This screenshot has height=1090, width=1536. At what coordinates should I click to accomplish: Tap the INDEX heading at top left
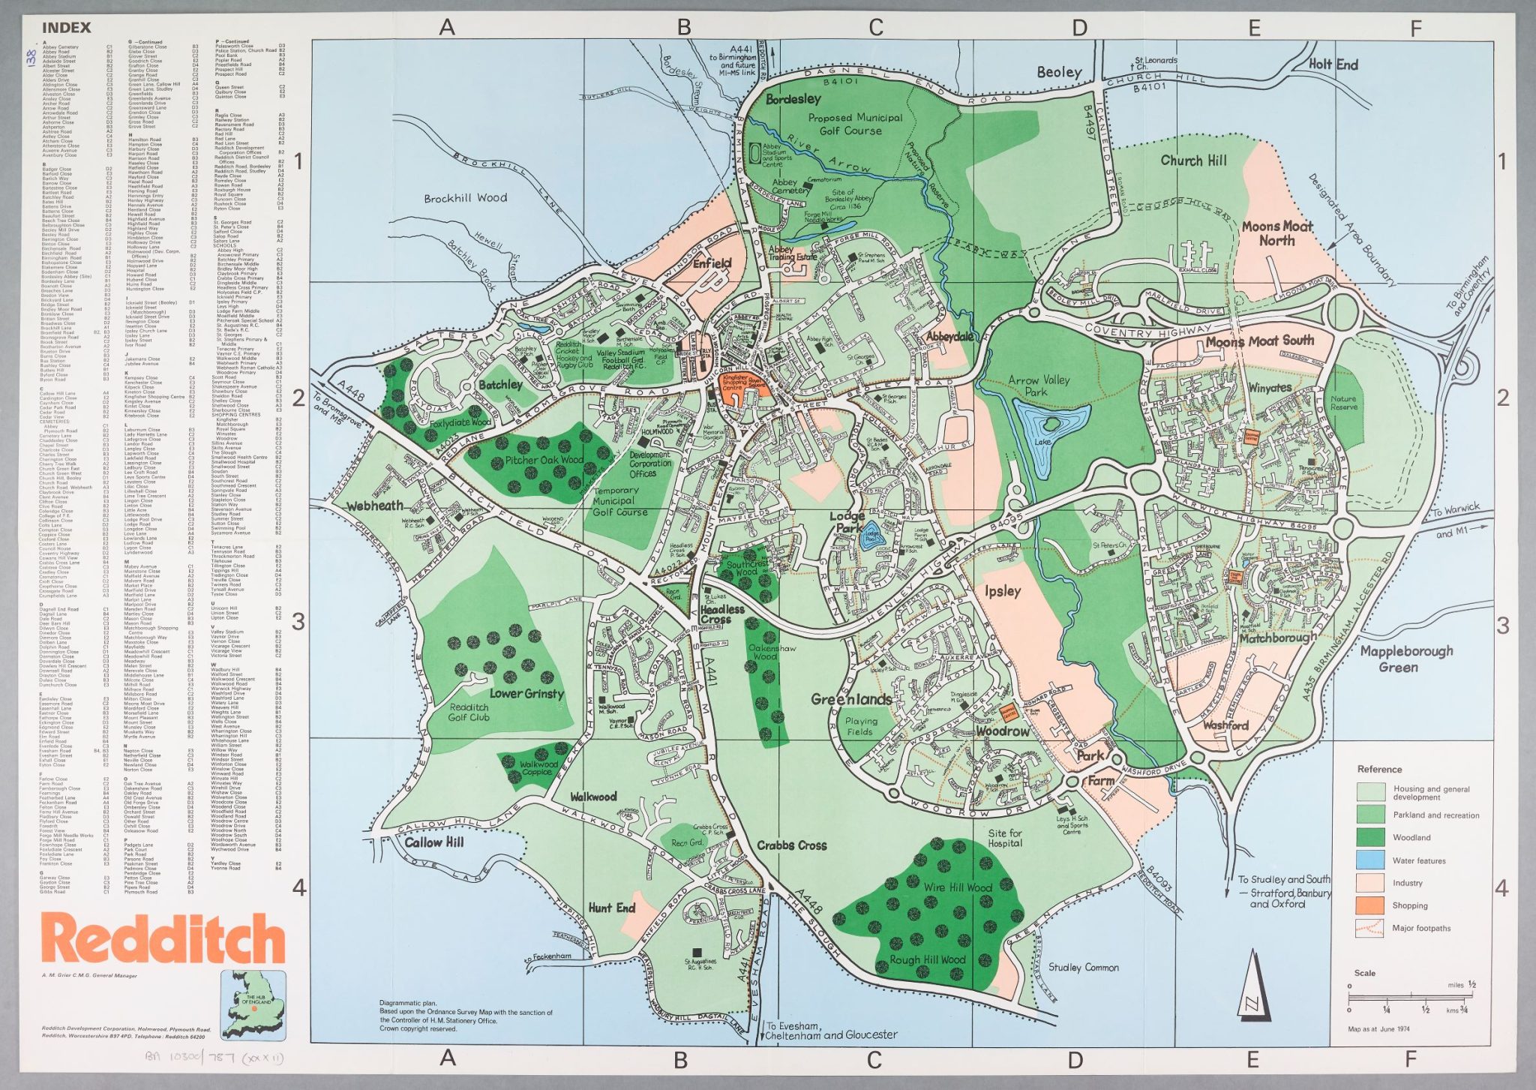(x=66, y=28)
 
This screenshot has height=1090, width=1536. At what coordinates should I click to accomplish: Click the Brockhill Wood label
(x=465, y=198)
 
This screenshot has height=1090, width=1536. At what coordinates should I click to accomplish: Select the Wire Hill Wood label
(x=957, y=887)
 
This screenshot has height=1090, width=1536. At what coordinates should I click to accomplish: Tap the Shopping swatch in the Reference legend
(x=1369, y=905)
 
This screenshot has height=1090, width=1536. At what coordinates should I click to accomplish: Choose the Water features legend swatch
(x=1369, y=860)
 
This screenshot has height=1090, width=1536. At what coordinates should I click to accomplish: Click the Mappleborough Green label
(x=1396, y=659)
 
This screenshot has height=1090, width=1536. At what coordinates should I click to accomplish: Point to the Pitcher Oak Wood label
(x=544, y=460)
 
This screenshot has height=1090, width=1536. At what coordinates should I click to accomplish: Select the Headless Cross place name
(x=721, y=614)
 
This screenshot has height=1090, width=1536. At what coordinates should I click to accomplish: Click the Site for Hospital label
(x=1004, y=838)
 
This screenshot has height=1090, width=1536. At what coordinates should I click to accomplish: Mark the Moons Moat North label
(x=1276, y=233)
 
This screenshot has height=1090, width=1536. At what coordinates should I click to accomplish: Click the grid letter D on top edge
(x=1078, y=29)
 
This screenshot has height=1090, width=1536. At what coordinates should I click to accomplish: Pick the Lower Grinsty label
(x=526, y=693)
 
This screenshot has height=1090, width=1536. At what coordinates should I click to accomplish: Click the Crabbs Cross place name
(x=791, y=845)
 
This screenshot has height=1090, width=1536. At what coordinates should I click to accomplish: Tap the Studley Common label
(x=1083, y=968)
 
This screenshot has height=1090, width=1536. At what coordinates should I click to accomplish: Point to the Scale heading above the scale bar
(x=1364, y=973)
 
